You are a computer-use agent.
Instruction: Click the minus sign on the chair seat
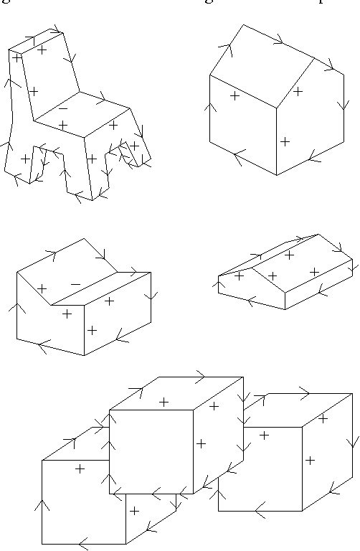(x=63, y=108)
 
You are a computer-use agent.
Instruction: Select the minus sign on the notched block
(x=75, y=284)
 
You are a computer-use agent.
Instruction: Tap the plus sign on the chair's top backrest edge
(x=42, y=50)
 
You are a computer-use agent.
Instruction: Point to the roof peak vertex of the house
(x=243, y=24)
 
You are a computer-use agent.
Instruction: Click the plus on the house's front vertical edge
(x=285, y=141)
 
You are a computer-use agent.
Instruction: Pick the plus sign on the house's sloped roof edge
(x=298, y=91)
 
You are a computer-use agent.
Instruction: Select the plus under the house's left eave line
(x=235, y=95)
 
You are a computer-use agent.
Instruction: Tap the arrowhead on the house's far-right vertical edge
(x=344, y=106)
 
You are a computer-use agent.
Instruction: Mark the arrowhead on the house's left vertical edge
(x=209, y=108)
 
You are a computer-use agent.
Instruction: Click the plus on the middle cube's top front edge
(x=164, y=402)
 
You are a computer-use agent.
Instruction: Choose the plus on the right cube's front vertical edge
(x=310, y=460)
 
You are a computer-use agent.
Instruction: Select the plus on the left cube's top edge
(x=80, y=468)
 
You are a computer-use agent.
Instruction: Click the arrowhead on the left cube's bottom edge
(x=82, y=544)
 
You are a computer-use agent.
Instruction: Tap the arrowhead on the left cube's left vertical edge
(x=42, y=506)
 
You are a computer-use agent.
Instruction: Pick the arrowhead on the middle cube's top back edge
(x=200, y=377)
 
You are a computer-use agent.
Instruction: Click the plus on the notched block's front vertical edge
(x=92, y=330)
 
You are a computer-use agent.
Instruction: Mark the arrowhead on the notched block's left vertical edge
(x=16, y=309)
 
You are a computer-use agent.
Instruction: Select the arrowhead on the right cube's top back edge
(x=304, y=393)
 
